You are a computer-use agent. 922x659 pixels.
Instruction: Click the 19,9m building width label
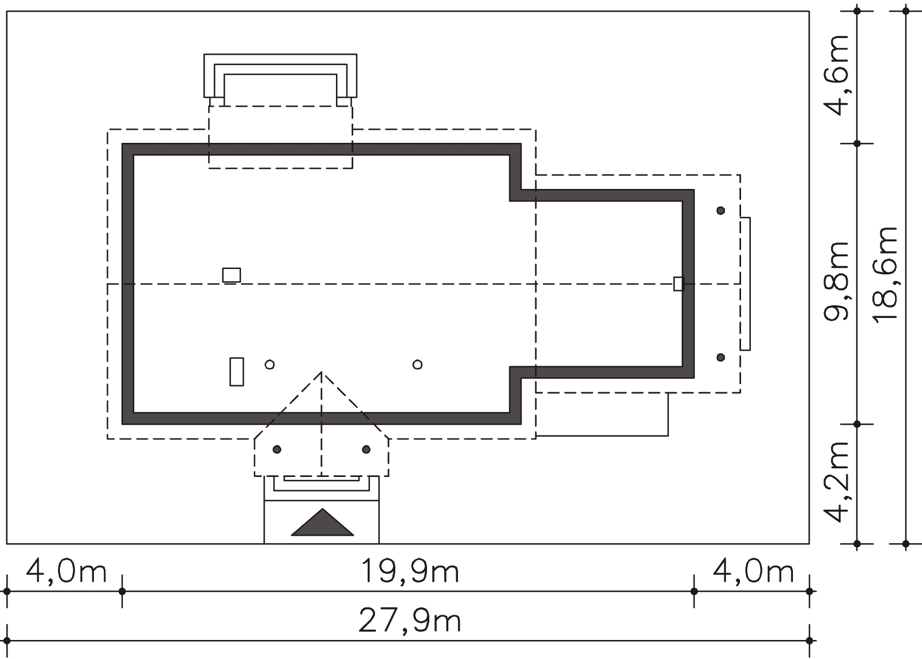[410, 570]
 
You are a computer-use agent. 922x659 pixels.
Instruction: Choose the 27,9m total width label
[410, 620]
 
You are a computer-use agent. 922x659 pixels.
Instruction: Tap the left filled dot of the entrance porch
[277, 449]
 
